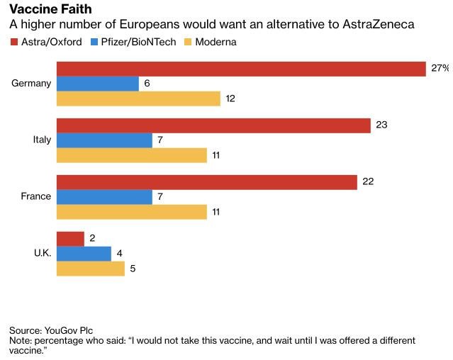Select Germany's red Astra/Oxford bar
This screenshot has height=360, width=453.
point(240,69)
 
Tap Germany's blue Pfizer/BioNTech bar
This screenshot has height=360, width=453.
point(97,84)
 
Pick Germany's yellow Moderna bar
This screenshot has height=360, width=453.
point(138,99)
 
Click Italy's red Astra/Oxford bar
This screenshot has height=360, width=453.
point(213,125)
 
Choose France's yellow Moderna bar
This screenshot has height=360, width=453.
point(131,211)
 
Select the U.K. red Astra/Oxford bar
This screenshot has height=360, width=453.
point(70,239)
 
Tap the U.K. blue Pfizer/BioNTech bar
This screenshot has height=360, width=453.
point(84,254)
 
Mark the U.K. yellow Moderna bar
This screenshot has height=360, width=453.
point(90,269)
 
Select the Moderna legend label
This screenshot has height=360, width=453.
point(216,42)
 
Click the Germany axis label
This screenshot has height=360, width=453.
point(31,84)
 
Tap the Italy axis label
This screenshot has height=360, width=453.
point(42,140)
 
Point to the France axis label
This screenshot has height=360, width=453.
point(36,196)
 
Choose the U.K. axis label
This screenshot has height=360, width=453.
point(43,253)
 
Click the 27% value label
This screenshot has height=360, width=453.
point(440,68)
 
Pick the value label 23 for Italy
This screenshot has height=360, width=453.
point(381,125)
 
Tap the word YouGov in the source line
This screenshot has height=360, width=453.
point(63,330)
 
